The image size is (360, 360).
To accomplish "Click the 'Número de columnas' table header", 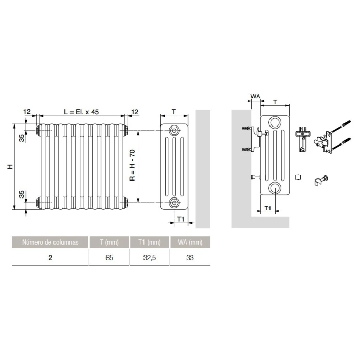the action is pos(50,242).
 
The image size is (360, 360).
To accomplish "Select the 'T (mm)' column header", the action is pos(109,242).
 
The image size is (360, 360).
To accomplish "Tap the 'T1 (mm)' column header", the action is pos(150,242).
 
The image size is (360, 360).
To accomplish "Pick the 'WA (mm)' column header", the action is pos(190,242).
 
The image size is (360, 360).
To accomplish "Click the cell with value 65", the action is pos(109,258).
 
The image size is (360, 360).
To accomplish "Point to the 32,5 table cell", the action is pos(150,258).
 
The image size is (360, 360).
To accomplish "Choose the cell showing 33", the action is pos(190,258).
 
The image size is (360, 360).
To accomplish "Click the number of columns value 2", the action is pos(50,258).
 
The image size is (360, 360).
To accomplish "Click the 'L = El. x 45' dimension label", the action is pos(81,112).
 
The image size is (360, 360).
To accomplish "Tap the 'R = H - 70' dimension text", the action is pos(133,165).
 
